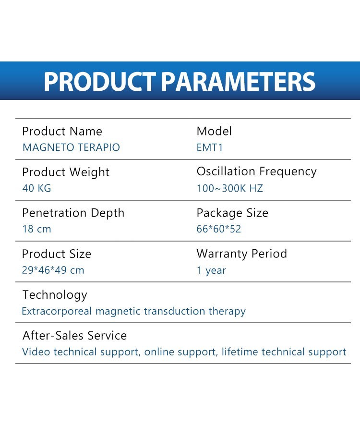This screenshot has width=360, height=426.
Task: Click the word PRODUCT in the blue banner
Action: coord(100,81)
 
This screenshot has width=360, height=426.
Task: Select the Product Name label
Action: coord(62,131)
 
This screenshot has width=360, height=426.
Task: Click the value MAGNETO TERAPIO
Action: coord(71,147)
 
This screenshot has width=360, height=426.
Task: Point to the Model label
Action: coord(214,131)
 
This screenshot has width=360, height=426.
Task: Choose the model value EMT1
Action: coord(210,147)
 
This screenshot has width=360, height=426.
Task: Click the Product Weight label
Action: coord(66,172)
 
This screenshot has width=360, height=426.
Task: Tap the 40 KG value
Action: coord(36,188)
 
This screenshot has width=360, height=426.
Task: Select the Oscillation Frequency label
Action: coord(257,172)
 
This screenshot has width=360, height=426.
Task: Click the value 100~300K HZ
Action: coord(230,188)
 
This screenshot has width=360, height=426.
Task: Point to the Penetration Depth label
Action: coord(73,213)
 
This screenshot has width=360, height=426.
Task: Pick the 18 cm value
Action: coord(36,229)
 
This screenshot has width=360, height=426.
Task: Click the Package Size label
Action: coord(232,213)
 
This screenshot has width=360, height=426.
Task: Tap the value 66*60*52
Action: coord(219,229)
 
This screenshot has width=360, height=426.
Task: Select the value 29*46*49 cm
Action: coord(53,270)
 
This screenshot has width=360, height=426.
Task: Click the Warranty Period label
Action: coord(241,254)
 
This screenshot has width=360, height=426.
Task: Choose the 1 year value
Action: coord(212,270)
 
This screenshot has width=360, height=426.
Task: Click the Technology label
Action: coord(55,295)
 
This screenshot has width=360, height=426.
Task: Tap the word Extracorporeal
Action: coord(57,311)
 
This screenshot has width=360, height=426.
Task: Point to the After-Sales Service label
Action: coord(75,336)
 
